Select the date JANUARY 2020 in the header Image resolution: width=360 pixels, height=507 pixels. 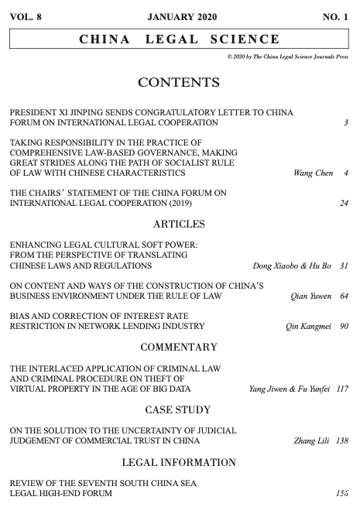point(181,16)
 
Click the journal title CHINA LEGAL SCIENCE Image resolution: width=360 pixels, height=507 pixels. point(180,39)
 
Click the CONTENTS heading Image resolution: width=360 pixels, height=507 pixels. point(179,82)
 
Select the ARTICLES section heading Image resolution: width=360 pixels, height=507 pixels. point(179,224)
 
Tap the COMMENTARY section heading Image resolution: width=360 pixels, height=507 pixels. point(179,347)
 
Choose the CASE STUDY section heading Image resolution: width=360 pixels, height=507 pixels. point(179,408)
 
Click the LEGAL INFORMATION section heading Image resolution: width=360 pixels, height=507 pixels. point(179,463)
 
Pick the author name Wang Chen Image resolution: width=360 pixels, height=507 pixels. point(314,173)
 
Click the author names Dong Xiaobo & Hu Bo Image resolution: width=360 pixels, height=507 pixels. point(292,266)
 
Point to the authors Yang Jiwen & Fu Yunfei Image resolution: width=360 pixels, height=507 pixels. point(286,388)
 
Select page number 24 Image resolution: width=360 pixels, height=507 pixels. point(344,204)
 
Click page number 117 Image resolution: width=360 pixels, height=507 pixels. point(341,388)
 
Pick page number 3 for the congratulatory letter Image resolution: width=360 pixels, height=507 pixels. point(346,123)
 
